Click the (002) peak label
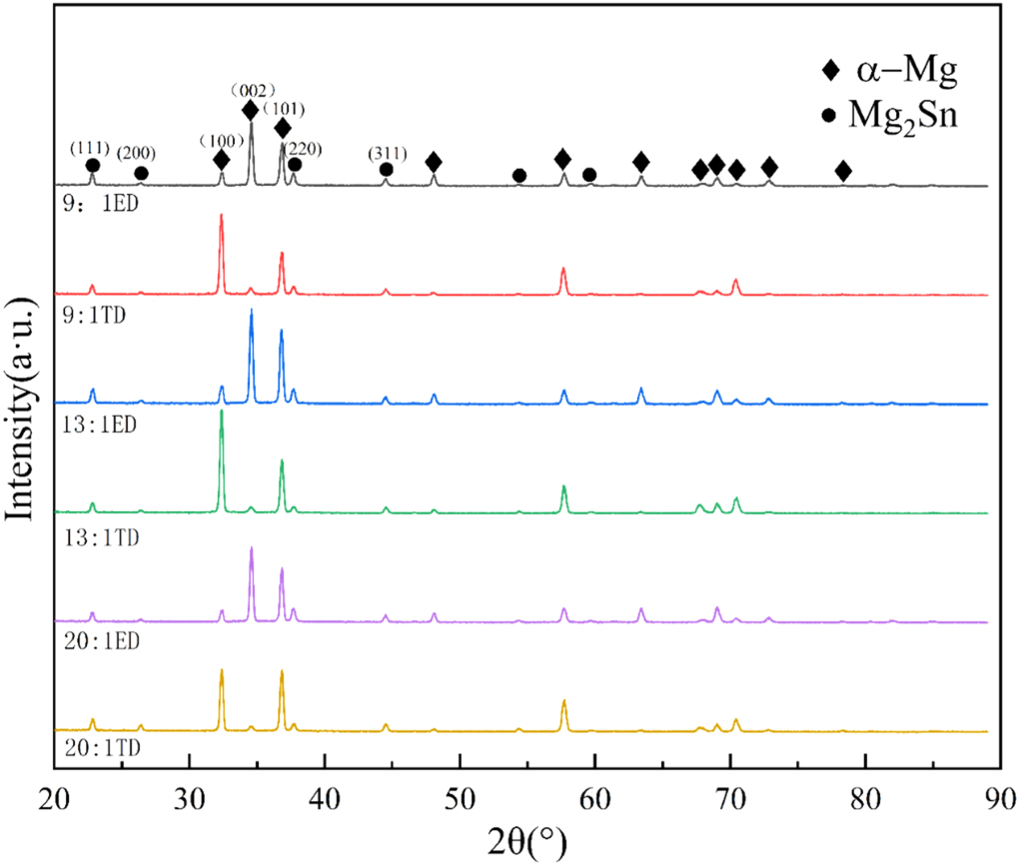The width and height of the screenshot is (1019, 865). tap(252, 89)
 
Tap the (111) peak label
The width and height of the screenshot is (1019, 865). tap(90, 148)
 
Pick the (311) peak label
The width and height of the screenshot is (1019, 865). tap(387, 153)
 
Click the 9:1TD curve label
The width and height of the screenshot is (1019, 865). tap(86, 313)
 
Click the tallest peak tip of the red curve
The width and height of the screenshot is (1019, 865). tap(221, 215)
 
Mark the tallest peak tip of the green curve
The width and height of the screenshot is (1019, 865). tap(221, 411)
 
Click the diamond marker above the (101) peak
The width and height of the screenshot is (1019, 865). tap(283, 128)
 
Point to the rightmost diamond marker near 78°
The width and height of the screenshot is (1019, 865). tap(843, 172)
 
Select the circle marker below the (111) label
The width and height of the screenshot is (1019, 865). tap(92, 166)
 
